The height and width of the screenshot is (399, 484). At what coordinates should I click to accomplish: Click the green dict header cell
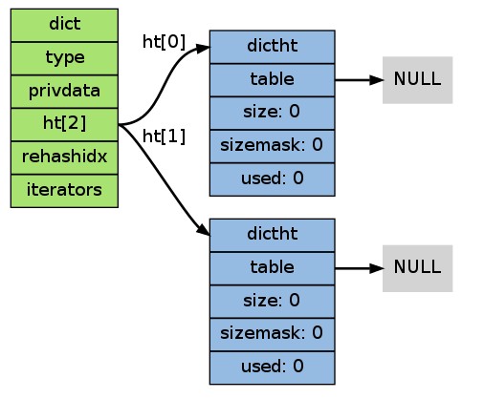64,25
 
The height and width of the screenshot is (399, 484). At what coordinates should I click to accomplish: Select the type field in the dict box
64,58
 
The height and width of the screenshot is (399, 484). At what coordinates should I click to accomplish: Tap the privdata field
64,92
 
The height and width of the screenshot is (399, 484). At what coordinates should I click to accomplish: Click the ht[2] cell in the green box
64,124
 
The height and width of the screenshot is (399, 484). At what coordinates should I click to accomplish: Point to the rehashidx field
64,157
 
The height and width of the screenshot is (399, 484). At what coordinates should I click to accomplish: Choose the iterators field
64,191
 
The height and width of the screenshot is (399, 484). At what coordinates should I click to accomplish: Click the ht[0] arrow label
164,42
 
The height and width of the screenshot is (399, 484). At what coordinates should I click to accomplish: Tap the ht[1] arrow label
164,136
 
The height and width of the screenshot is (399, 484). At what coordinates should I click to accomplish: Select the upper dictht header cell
273,47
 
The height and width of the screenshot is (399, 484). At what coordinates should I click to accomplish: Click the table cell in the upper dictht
273,80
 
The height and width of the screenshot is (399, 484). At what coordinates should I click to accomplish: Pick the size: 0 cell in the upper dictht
273,113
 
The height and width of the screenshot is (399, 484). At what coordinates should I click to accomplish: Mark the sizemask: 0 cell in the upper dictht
273,146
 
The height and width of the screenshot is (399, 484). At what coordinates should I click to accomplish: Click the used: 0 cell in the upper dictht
273,179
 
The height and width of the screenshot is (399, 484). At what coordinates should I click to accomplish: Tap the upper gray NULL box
418,80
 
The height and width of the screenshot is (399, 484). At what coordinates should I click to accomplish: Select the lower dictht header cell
273,235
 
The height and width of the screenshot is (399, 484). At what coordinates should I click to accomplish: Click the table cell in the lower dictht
273,268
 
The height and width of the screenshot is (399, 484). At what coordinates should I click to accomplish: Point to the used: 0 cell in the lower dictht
273,367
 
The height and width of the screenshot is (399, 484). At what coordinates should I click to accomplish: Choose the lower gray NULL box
418,268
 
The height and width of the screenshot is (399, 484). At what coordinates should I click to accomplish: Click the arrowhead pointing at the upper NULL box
376,80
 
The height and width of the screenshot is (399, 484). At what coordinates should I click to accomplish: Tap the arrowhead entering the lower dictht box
204,230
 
